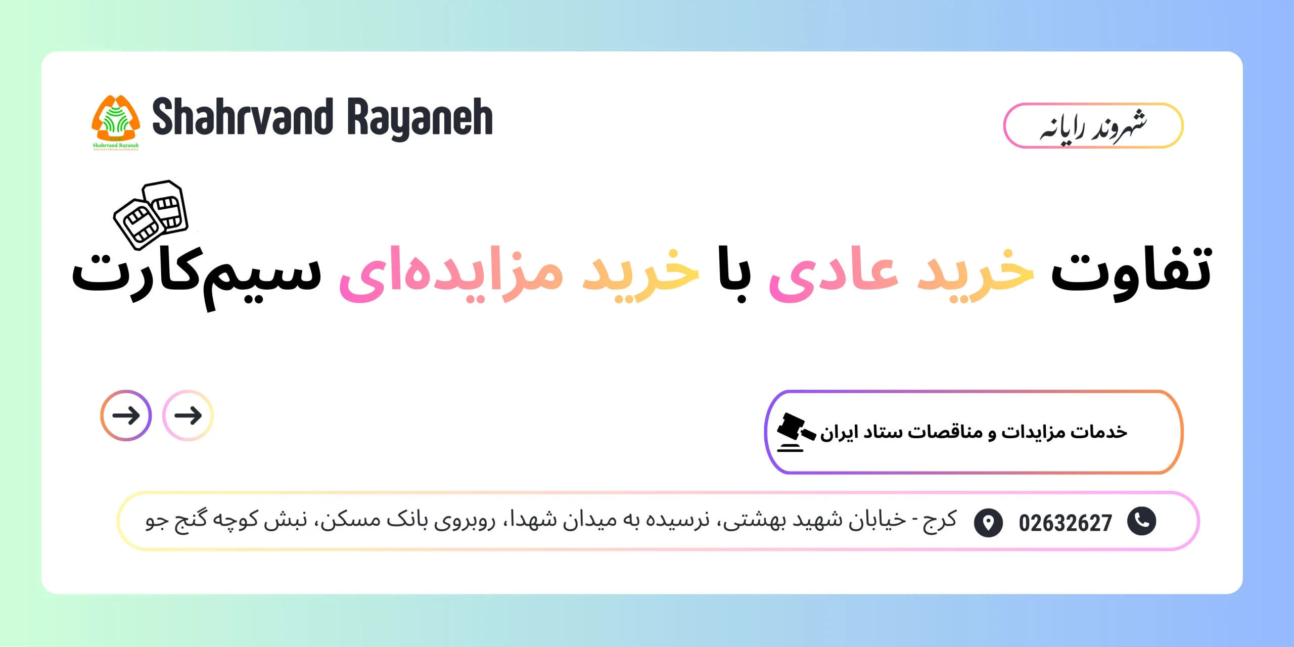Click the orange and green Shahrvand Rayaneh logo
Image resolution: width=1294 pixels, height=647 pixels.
[116, 121]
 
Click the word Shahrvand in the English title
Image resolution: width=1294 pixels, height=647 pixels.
[243, 117]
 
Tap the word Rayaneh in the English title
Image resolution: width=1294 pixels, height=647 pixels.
[420, 118]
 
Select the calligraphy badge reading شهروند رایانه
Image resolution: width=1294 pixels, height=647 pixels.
[1093, 126]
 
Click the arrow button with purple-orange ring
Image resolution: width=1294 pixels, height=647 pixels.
[126, 415]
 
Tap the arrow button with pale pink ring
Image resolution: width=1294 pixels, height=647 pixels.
[188, 415]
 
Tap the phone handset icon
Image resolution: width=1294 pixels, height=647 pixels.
[1141, 521]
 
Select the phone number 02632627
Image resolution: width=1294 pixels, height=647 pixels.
[1065, 523]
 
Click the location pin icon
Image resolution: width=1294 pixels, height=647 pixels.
[988, 522]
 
